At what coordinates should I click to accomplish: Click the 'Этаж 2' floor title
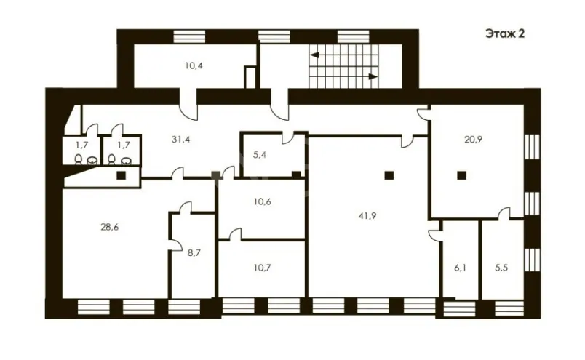[x=505, y=33]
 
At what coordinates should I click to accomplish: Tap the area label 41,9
[x=367, y=215]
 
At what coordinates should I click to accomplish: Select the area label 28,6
[x=110, y=227]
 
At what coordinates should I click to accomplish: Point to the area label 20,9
[x=473, y=140]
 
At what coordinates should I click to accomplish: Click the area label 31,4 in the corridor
[x=181, y=140]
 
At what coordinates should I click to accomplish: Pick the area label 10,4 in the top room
[x=194, y=66]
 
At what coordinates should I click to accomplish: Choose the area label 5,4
[x=260, y=154]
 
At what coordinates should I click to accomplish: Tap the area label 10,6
[x=262, y=202]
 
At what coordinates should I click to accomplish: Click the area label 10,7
[x=262, y=268]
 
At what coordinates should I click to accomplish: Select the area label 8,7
[x=194, y=253]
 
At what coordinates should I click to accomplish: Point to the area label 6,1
[x=460, y=268]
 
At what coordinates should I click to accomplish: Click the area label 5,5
[x=501, y=268]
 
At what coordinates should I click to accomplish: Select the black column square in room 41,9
[x=389, y=175]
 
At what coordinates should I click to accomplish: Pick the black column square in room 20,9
[x=462, y=175]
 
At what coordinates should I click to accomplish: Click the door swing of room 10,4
[x=188, y=108]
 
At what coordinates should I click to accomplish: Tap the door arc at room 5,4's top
[x=288, y=137]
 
